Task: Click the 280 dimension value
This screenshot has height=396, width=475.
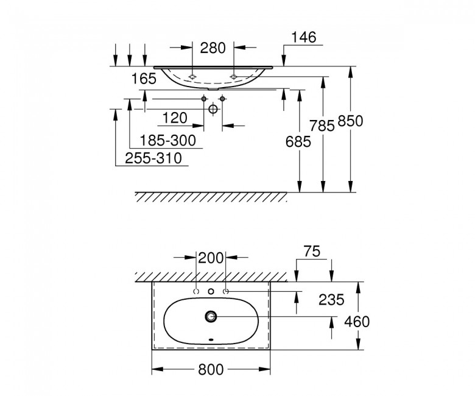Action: [213, 48]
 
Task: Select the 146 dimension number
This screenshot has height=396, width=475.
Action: [303, 37]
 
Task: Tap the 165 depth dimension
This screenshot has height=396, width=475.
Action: [144, 79]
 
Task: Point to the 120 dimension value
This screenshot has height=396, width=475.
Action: [175, 118]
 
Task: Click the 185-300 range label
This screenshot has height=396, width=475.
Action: [168, 141]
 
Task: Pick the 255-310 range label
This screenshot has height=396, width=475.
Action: [153, 158]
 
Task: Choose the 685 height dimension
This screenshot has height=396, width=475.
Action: [298, 141]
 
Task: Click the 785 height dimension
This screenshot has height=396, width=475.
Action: [322, 126]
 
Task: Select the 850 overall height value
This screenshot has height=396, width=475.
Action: [350, 121]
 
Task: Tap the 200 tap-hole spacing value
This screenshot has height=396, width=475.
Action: [211, 258]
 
